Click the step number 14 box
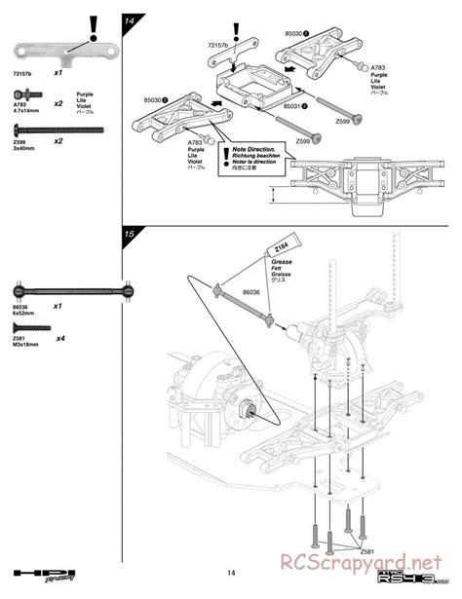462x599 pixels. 129,19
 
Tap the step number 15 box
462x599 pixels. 129,234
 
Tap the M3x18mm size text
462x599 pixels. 26,344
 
